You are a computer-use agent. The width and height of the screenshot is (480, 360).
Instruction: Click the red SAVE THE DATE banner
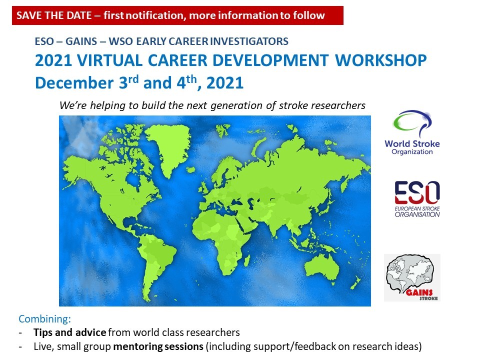click(x=177, y=15)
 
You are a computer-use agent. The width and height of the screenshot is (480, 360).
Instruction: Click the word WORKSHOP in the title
click(x=381, y=60)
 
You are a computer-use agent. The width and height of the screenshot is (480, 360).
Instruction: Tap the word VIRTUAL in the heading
click(x=109, y=60)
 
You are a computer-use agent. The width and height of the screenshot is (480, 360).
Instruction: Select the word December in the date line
click(x=74, y=83)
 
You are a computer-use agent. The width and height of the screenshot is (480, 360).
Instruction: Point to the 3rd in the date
click(x=129, y=82)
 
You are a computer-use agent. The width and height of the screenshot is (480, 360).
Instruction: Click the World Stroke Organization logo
click(x=412, y=132)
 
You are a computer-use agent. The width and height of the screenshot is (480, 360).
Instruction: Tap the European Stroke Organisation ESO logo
click(x=417, y=199)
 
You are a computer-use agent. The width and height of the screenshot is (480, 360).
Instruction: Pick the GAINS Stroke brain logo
click(x=412, y=277)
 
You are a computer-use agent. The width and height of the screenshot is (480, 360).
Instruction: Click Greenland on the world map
click(x=168, y=147)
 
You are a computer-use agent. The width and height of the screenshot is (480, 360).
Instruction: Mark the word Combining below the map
click(x=44, y=319)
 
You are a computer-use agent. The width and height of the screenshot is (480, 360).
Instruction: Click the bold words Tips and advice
click(x=70, y=332)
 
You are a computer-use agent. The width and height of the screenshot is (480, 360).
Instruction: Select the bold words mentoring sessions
click(x=158, y=346)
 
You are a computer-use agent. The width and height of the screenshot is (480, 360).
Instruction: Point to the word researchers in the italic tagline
click(x=337, y=105)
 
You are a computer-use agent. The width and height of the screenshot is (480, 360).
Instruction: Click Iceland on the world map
click(x=190, y=169)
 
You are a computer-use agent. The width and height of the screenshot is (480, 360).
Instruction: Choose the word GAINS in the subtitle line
click(x=81, y=41)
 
